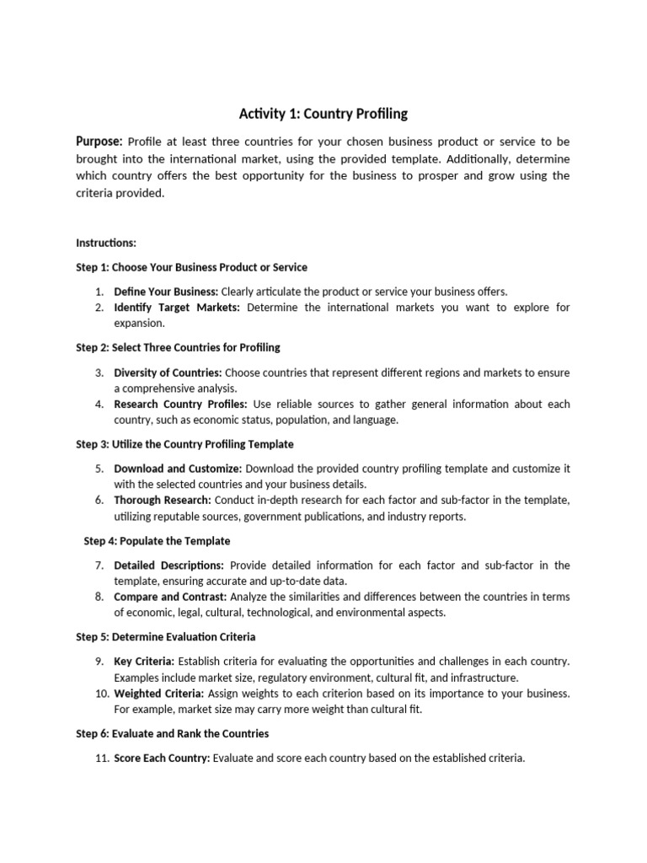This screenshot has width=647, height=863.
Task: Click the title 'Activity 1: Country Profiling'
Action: click(x=323, y=114)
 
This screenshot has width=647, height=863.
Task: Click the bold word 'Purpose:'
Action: click(x=99, y=142)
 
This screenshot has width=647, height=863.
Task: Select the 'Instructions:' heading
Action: click(x=106, y=243)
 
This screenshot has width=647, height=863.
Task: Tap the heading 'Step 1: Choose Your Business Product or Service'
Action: click(x=191, y=267)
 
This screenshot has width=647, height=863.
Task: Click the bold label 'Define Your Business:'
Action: click(x=166, y=291)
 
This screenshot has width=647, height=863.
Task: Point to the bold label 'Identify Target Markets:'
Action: click(x=177, y=307)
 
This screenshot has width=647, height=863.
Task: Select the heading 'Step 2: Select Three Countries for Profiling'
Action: click(x=178, y=347)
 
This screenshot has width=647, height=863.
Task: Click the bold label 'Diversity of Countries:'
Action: click(x=168, y=372)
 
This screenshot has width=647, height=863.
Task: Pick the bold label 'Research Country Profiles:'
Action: click(x=180, y=404)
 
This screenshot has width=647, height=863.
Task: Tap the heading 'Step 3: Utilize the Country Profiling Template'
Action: click(x=184, y=444)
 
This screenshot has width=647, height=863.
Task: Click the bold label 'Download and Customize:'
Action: click(x=178, y=468)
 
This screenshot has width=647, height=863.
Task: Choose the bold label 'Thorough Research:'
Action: click(x=163, y=500)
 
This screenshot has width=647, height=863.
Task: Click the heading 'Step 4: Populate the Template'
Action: click(x=157, y=540)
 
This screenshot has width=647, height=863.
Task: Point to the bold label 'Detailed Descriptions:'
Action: click(x=168, y=565)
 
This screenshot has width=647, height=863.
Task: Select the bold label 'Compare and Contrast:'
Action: click(x=170, y=597)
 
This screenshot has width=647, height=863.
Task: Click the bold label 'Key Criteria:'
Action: click(x=144, y=661)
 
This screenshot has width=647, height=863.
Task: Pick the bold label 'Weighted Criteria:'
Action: click(x=159, y=693)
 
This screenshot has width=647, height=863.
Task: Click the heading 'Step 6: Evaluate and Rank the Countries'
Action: click(x=172, y=733)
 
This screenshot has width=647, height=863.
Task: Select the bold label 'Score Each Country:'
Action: click(x=162, y=758)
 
